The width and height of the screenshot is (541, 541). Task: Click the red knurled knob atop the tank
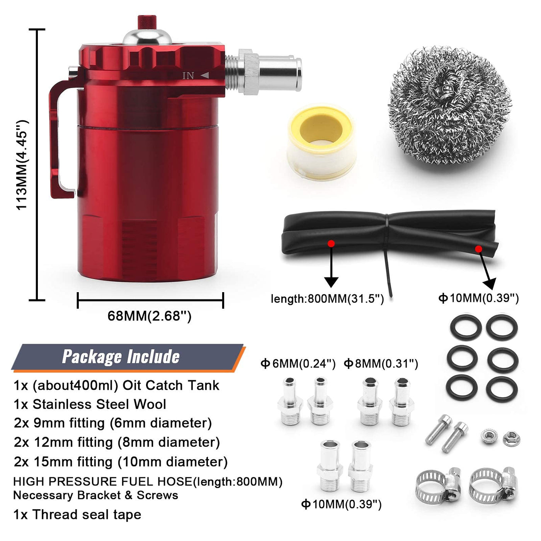(x=146, y=22)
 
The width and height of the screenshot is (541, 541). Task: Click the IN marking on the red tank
(x=188, y=75)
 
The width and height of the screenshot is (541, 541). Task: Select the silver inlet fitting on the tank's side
(x=263, y=73)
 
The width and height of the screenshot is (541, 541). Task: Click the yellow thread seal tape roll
(x=322, y=141)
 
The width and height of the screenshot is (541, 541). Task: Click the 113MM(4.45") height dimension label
(x=22, y=165)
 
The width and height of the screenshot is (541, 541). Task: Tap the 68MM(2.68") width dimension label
(x=150, y=316)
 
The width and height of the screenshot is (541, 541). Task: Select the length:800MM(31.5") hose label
(x=327, y=298)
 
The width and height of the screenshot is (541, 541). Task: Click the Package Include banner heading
(x=121, y=357)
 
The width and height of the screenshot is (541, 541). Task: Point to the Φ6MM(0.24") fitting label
(x=298, y=364)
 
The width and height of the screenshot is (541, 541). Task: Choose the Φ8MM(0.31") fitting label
(x=381, y=364)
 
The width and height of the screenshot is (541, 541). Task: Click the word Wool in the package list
(x=150, y=404)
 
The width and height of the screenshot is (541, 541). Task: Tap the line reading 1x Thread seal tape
(x=77, y=515)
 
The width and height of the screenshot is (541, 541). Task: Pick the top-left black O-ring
(x=466, y=328)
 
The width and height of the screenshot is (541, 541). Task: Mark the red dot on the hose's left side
(x=331, y=243)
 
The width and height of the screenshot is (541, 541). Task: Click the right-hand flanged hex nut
(x=511, y=439)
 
